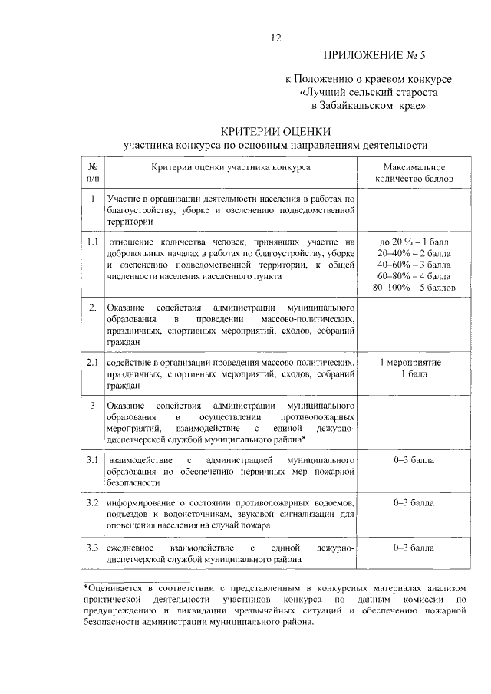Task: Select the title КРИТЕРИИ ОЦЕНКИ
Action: coord(275,130)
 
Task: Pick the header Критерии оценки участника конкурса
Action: coord(230,166)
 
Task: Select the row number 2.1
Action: coord(91,361)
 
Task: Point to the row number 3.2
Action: coord(91,502)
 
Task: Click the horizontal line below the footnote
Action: coord(275,638)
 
